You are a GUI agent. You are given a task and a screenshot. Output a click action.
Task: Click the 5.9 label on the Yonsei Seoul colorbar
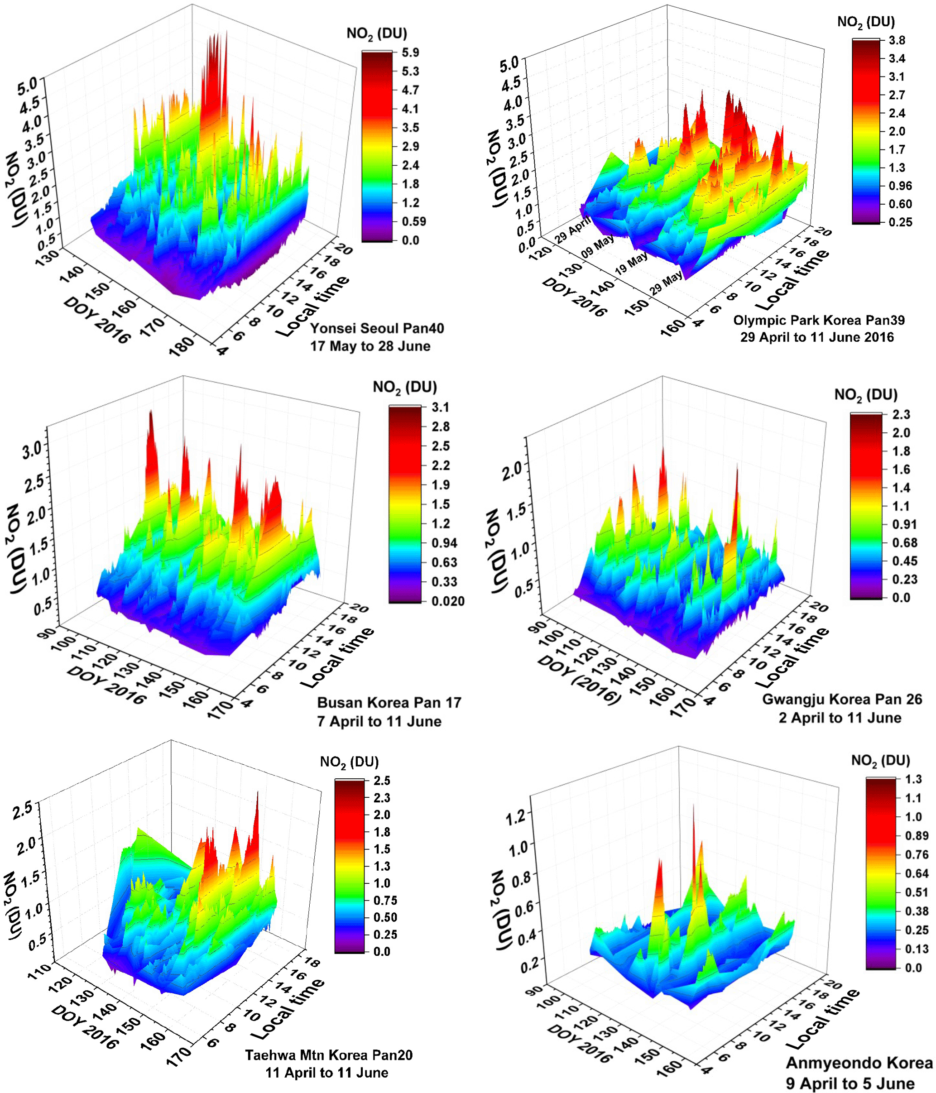coord(410,52)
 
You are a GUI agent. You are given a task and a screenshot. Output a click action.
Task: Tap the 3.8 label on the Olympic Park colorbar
coord(897,40)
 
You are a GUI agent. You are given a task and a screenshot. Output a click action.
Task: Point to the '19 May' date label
coord(631,263)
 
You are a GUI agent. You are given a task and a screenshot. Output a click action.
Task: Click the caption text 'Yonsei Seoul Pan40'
coord(377,328)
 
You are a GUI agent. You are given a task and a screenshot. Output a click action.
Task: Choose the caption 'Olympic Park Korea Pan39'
coord(818,320)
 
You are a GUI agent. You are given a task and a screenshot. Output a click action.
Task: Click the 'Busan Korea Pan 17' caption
coord(389,703)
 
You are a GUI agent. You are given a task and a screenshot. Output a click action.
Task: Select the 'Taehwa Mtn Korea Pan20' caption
coord(328,1055)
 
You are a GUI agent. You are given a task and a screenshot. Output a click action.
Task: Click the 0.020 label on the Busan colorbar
coord(447,601)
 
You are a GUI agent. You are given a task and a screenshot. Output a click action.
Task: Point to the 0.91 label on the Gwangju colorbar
coord(904,524)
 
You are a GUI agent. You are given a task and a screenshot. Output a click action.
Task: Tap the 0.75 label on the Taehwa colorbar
coord(385,900)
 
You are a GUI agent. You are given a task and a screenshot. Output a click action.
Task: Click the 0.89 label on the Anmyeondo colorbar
coord(917,835)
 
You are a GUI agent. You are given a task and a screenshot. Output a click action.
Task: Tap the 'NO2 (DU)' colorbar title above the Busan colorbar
coord(405,387)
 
